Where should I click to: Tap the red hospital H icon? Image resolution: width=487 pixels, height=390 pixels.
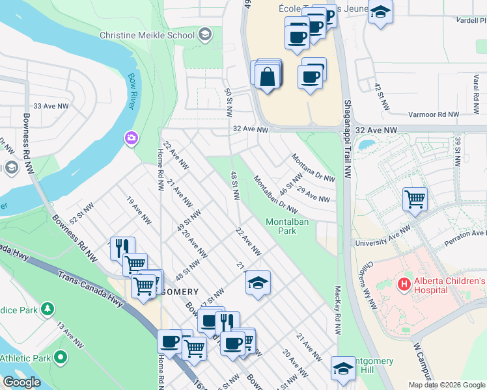(x=404, y=284)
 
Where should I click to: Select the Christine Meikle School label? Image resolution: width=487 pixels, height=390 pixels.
(x=147, y=35)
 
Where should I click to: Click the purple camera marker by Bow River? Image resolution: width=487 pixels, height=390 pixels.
(x=131, y=138)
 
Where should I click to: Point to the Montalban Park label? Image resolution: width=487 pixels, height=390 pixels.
(x=287, y=226)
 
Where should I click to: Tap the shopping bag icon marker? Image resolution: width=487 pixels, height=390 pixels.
(x=268, y=77)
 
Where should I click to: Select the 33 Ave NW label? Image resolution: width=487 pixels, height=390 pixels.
(x=51, y=106)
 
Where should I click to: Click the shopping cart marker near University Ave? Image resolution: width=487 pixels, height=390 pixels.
(x=415, y=198)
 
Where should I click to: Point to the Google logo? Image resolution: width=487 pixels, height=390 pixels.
(x=21, y=382)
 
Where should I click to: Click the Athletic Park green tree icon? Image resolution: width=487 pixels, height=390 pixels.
(x=61, y=357)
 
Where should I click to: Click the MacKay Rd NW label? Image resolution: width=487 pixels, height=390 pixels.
(x=338, y=311)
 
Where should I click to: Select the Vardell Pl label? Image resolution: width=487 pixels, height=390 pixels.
(x=472, y=20)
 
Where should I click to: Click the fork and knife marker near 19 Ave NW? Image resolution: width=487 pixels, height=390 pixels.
(x=122, y=248)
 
